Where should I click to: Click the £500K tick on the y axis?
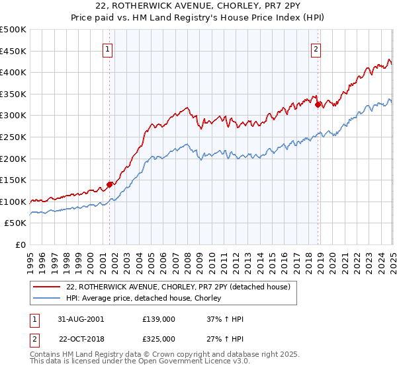13,30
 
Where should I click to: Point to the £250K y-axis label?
13,137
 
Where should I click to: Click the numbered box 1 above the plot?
108,48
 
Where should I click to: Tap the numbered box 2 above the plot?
316,48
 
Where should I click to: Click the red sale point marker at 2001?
110,185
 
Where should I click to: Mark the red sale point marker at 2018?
318,104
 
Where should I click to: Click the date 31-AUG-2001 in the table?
80,319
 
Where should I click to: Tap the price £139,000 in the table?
159,319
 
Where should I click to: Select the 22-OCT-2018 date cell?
80,338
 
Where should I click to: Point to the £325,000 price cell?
159,338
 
